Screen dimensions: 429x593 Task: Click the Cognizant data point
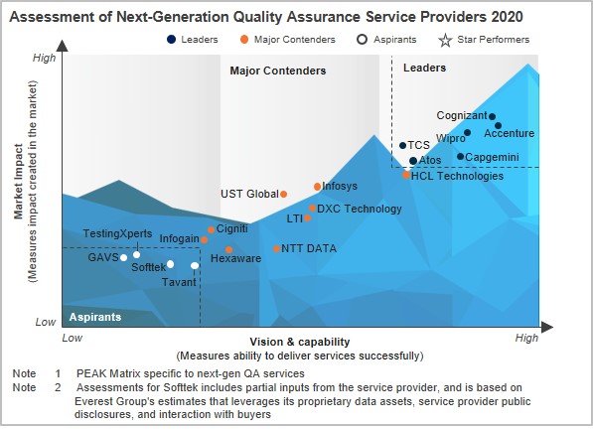492,116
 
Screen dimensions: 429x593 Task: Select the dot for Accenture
498,126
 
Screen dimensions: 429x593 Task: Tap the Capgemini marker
461,156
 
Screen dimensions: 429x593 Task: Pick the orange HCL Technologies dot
406,175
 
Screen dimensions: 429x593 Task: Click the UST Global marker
284,194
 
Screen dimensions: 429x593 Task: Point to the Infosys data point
318,186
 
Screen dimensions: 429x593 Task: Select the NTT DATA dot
277,248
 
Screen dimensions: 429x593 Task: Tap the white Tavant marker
195,265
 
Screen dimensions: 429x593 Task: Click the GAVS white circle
124,258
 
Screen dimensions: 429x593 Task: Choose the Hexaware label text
236,258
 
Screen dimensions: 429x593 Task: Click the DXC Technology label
360,209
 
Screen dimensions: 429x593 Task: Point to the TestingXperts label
117,233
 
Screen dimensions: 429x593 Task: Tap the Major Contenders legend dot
243,40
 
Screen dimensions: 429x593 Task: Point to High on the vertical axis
45,59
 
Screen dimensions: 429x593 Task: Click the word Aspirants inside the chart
95,317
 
